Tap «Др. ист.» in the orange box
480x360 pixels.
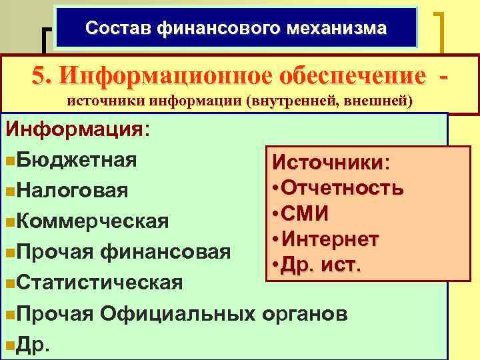321,265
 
